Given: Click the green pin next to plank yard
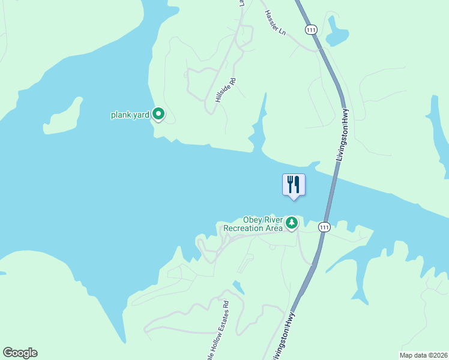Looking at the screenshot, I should [x=158, y=113].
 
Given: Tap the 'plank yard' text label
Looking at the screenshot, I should [x=130, y=115].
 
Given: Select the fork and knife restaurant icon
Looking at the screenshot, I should [x=294, y=184].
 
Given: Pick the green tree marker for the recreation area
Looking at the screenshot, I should [x=292, y=223].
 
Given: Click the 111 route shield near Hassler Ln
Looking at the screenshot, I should [x=310, y=29].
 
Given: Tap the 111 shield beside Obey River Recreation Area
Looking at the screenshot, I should [x=324, y=227].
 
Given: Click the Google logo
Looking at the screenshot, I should [x=20, y=352].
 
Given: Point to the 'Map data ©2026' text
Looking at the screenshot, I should [x=423, y=355].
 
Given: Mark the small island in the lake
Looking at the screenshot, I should [x=63, y=117].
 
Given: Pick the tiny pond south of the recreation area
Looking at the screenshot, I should [x=239, y=287].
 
